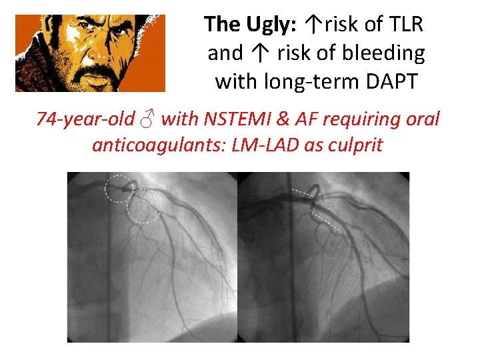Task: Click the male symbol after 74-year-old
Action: [148, 120]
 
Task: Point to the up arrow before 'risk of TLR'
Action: [313, 25]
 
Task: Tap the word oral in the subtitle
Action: [424, 119]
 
